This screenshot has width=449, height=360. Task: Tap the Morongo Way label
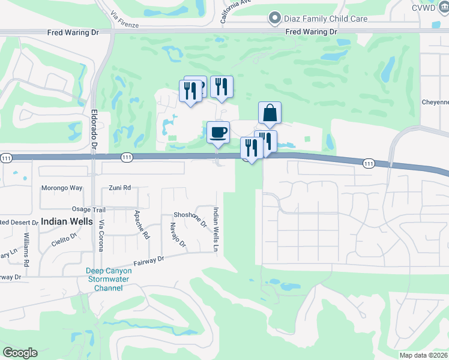(x=61, y=188)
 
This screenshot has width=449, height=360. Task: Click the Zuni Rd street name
(x=120, y=188)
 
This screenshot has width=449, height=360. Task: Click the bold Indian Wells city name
(x=66, y=221)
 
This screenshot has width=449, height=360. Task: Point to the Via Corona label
(x=101, y=235)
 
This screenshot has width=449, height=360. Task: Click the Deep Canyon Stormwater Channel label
(x=109, y=279)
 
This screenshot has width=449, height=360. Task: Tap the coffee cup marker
(x=218, y=132)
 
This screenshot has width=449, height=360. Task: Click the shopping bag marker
(x=270, y=112)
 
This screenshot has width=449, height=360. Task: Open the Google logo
(x=20, y=353)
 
